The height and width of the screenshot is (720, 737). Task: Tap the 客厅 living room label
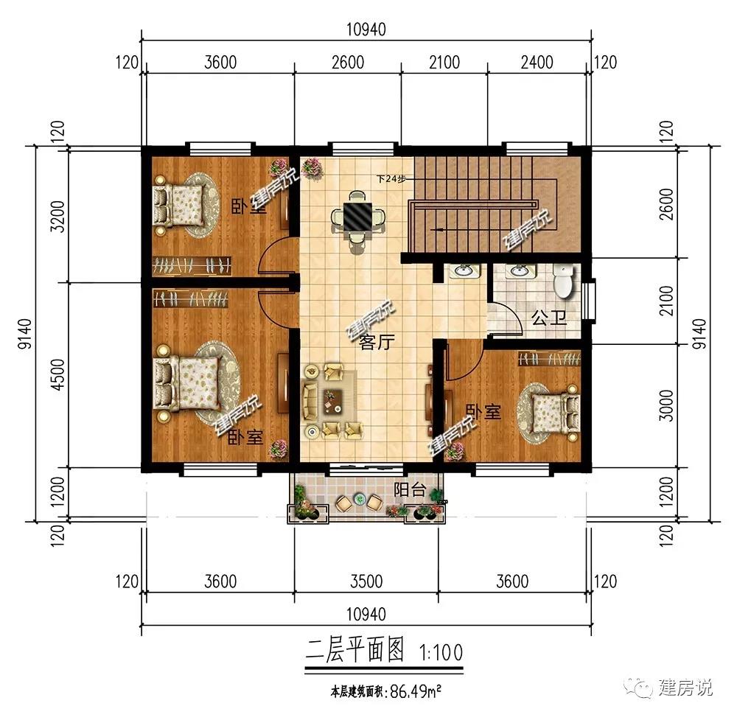377,342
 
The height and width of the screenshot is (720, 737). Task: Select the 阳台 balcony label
410,490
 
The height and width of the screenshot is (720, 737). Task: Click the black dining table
357,217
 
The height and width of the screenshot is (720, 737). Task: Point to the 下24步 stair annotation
391,178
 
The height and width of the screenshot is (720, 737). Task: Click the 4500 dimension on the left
57,374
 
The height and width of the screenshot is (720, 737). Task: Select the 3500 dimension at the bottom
366,581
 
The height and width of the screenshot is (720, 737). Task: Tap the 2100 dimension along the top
444,62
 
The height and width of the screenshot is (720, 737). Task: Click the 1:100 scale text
441,652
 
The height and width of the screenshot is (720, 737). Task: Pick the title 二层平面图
355,651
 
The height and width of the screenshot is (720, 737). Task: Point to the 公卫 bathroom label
549,318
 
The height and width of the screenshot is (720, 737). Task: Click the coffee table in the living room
333,402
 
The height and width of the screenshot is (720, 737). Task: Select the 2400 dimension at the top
537,62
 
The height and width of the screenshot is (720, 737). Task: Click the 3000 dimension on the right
666,405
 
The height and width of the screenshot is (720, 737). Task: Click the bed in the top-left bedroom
179,206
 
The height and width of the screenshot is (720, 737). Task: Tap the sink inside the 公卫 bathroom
518,271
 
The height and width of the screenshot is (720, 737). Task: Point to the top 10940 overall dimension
366,29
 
